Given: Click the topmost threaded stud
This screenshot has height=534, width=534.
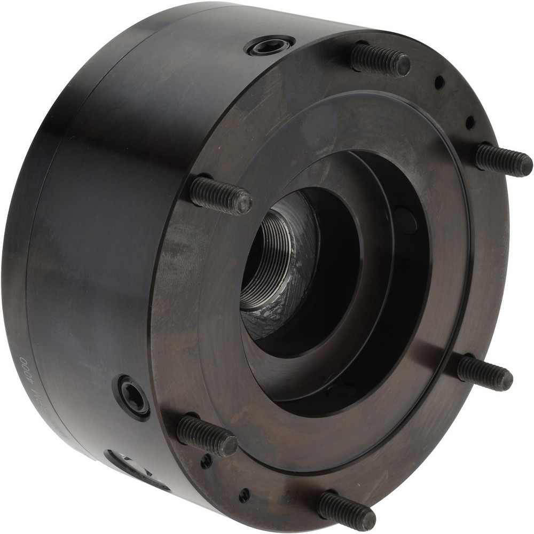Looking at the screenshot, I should coord(380,59).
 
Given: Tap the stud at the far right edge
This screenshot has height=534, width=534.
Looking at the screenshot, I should coord(504,159).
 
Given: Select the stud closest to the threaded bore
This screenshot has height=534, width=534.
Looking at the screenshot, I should coord(221,194).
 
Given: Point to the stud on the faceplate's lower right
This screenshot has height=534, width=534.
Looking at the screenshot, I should coord(484,373).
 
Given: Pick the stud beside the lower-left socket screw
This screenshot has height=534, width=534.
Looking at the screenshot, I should coord(207,435).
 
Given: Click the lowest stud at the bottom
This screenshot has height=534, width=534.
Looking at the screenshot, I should coord(347,511).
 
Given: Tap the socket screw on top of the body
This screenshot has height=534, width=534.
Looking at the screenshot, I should coord(270,45).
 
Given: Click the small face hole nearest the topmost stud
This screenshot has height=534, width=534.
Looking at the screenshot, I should coord(439,82).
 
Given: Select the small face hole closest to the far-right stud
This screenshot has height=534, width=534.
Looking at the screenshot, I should coord(470,122).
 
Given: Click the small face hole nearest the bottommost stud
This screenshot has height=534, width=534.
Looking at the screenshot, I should coord(244,495).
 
